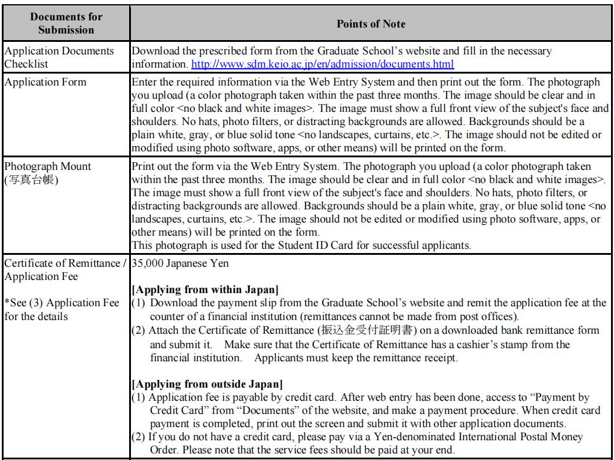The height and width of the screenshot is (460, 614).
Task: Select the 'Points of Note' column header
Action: pos(371,24)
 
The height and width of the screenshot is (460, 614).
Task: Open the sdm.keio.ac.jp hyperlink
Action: pos(322,63)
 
